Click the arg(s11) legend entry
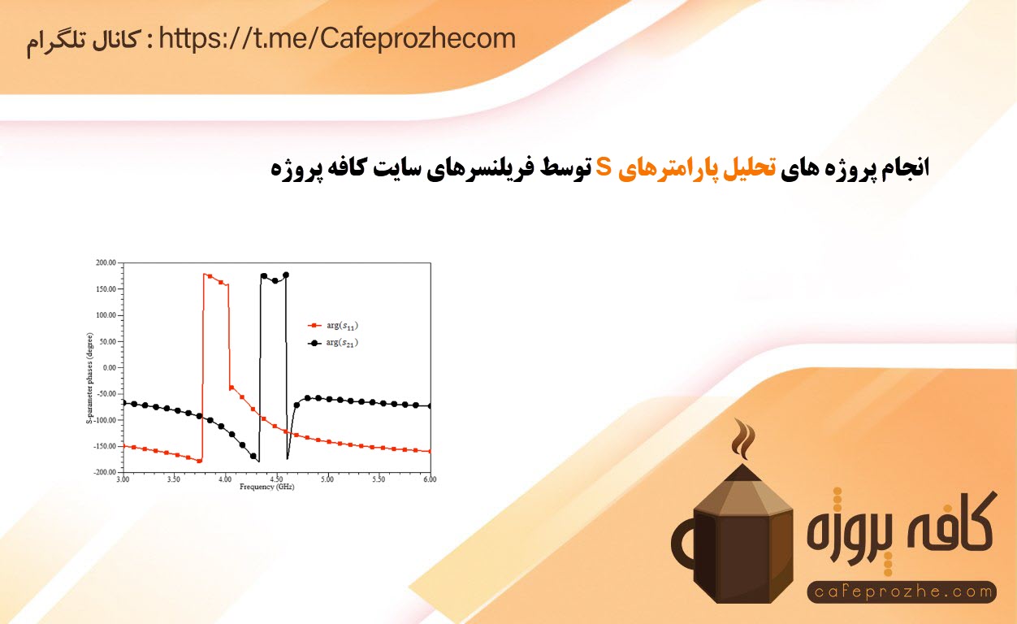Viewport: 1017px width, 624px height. (333, 326)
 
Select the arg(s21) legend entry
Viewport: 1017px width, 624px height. (333, 343)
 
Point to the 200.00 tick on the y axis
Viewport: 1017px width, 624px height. (106, 262)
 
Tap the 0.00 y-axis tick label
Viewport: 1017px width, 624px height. (110, 367)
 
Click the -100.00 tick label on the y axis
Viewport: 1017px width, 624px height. (105, 420)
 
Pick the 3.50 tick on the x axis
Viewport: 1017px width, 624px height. (174, 479)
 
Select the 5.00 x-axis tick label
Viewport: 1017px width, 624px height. (327, 479)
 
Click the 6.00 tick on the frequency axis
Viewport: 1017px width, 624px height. (430, 479)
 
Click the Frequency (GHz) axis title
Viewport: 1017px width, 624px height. (267, 487)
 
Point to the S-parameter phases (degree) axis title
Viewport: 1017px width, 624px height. (89, 379)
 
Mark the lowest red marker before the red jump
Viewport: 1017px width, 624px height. (199, 461)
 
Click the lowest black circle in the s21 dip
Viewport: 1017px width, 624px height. (253, 456)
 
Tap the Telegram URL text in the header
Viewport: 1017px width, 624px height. (337, 39)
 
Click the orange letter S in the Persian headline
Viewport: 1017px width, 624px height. (604, 167)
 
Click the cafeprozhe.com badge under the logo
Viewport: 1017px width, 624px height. (902, 591)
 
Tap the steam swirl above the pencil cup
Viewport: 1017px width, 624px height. (743, 440)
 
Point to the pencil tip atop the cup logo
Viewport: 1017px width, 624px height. (742, 473)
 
